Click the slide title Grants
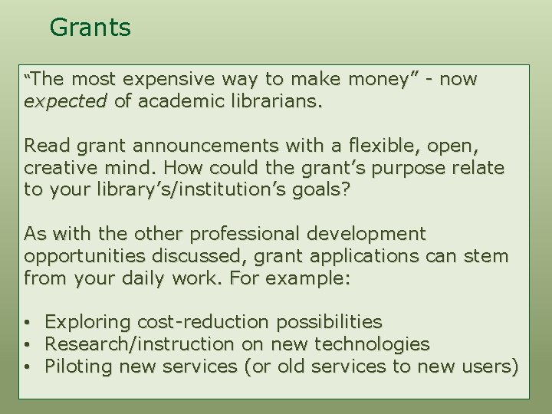(90, 28)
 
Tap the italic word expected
(64, 102)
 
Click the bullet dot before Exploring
(27, 322)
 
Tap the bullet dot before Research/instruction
(27, 344)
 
